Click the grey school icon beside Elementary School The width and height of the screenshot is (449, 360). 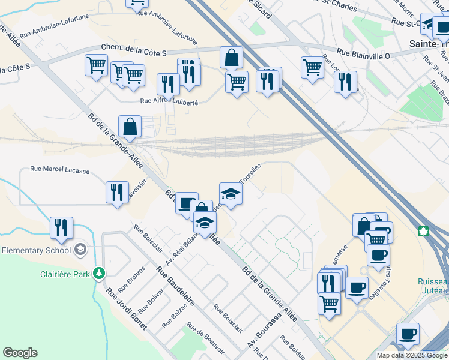[80, 249]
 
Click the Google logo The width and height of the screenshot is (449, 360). [20, 353]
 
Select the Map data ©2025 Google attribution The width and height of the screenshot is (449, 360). [412, 355]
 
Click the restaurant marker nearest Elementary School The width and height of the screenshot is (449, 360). [61, 227]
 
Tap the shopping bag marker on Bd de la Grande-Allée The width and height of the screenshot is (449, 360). [130, 126]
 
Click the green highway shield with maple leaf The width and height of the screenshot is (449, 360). [423, 232]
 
